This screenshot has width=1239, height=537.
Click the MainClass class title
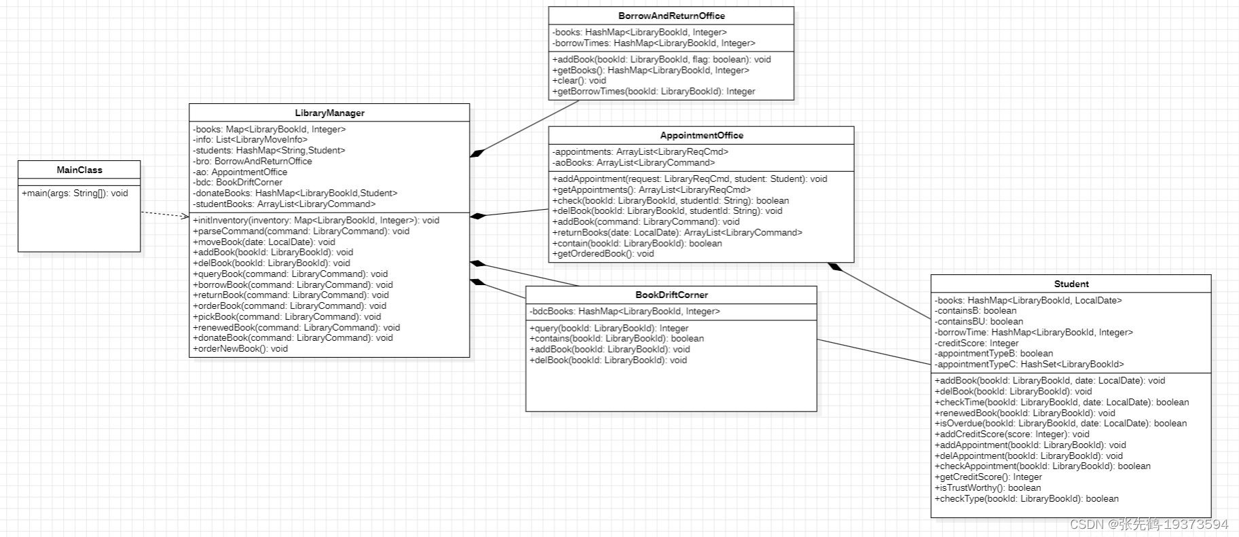79,170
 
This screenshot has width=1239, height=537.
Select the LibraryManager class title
329,113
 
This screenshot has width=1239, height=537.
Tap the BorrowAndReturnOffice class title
671,16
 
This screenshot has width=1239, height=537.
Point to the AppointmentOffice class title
701,136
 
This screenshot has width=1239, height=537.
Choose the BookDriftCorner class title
671,295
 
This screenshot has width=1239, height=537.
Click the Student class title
1071,284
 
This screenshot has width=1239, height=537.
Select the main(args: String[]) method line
75,193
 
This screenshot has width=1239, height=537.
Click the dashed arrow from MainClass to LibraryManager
164,215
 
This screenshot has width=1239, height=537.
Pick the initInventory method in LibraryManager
316,221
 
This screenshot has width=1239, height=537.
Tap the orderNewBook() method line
240,349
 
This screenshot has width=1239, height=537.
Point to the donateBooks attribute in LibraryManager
295,193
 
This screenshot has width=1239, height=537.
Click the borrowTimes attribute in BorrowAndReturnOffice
653,43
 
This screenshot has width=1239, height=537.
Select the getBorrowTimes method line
653,92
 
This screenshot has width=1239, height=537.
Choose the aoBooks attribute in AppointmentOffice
633,163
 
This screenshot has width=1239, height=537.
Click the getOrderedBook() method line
603,254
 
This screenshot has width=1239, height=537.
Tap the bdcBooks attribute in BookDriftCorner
625,312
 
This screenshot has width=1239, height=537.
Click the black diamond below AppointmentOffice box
834,267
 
